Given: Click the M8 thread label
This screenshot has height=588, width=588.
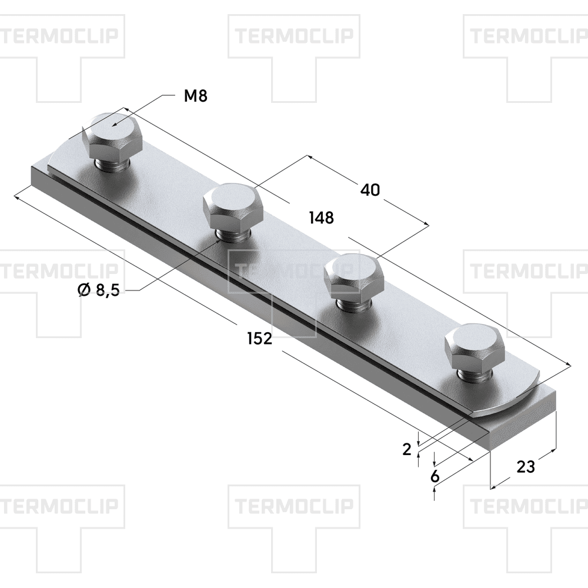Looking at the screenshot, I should point(196,96).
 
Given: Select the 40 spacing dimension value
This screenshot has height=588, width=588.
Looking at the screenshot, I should point(370,190).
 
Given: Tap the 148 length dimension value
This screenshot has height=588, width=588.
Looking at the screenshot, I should point(321,218).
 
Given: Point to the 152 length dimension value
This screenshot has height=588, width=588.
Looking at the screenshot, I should point(259,338).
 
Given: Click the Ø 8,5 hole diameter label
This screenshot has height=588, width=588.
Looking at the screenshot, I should point(98,290).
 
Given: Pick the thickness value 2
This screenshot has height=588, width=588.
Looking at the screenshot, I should point(406,450).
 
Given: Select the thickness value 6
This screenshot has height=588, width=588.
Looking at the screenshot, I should point(435,476).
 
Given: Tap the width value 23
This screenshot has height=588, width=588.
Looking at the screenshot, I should point(525,467).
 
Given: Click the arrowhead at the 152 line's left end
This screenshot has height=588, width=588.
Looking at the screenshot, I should point(17,196).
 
